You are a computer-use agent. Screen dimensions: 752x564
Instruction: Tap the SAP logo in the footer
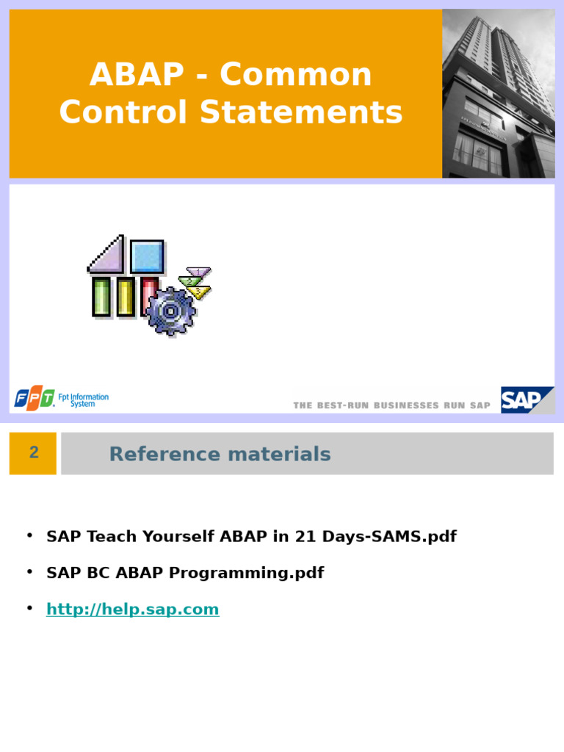point(526,400)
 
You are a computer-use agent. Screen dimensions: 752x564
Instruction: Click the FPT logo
point(35,399)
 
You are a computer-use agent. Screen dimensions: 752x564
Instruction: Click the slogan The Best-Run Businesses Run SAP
point(391,405)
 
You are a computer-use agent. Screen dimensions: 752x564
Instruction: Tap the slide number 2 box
point(33,453)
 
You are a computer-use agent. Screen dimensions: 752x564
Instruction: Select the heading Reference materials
point(220,455)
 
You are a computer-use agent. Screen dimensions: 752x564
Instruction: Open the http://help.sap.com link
point(132,610)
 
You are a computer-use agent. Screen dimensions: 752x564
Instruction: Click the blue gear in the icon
point(170,311)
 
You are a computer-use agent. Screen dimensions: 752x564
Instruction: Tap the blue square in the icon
point(147,256)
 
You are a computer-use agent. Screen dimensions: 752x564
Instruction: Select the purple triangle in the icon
point(108,256)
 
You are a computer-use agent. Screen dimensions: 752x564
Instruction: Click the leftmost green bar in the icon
point(101,297)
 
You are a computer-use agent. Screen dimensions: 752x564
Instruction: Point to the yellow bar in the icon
point(125,297)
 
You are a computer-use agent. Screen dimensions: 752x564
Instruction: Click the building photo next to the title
point(499,93)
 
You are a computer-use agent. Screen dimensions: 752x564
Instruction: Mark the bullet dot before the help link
point(29,608)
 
